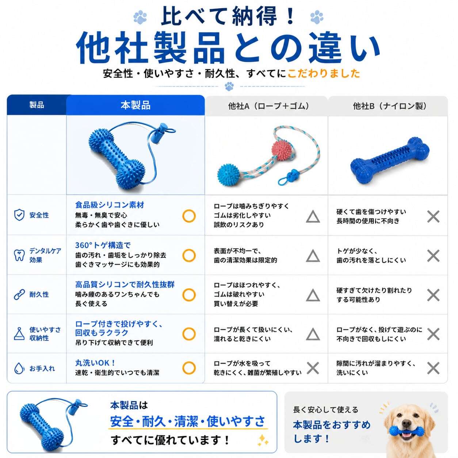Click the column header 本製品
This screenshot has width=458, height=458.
tap(136, 105)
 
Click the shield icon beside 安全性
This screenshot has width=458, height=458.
tap(19, 215)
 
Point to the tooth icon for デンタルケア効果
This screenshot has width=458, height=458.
tap(19, 255)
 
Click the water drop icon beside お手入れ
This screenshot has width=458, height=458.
tap(19, 368)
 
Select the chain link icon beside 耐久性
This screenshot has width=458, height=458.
tap(19, 294)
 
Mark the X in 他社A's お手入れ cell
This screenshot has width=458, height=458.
tap(313, 368)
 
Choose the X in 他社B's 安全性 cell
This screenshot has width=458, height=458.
tap(433, 217)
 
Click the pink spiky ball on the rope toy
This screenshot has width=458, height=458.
tap(281, 150)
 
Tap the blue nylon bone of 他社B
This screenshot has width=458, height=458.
tap(390, 162)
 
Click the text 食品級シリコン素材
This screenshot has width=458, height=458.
tap(110, 205)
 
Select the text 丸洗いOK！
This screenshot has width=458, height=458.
tap(95, 363)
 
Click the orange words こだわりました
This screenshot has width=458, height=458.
tap(324, 73)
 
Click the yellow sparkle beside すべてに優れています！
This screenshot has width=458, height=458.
tap(263, 440)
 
